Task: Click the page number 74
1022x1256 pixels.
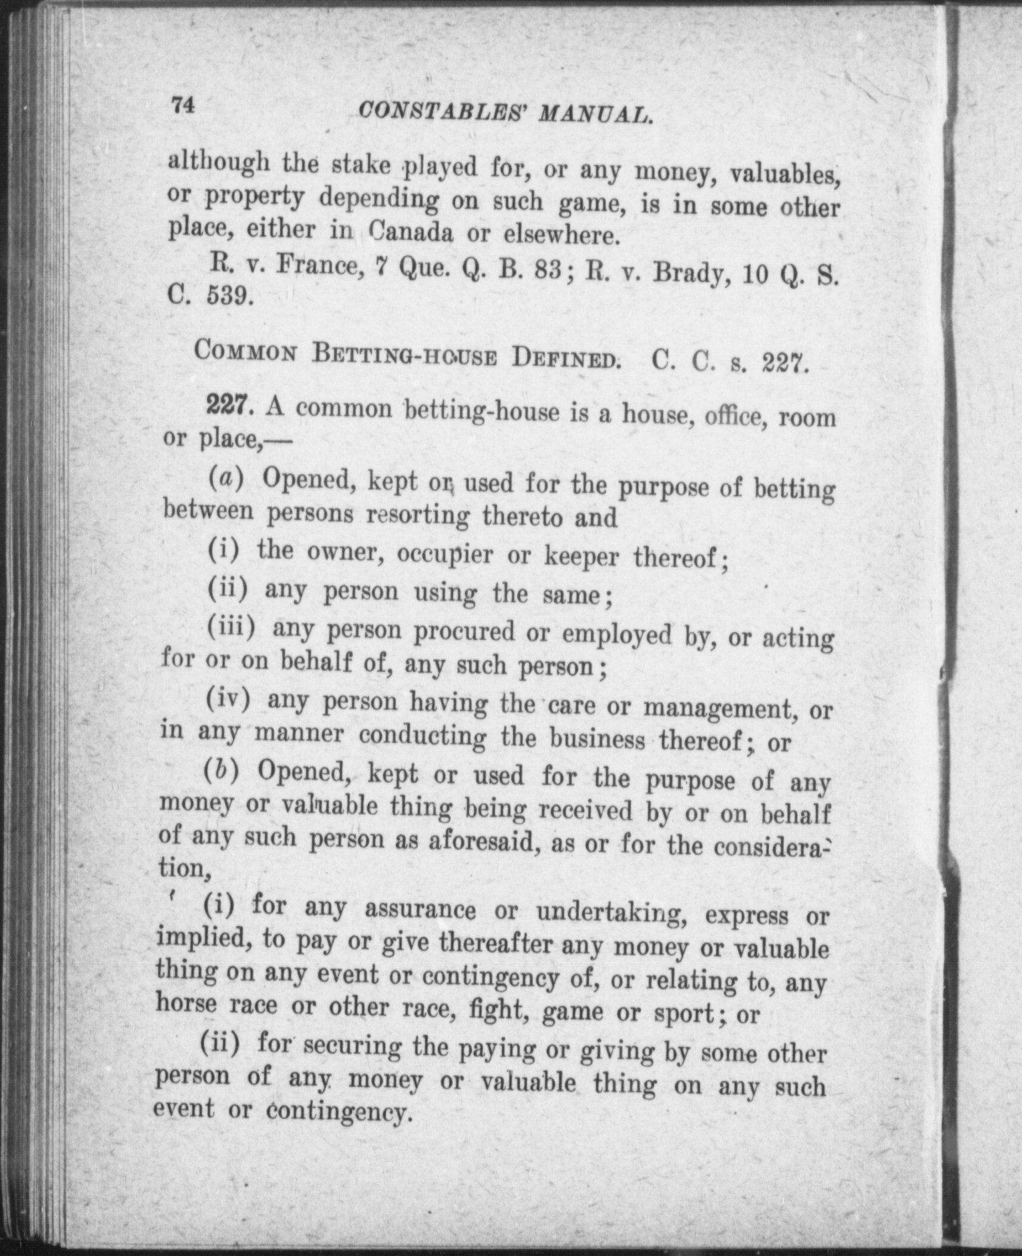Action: (183, 106)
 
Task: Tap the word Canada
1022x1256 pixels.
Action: (410, 233)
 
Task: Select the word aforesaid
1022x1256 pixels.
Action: (478, 842)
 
